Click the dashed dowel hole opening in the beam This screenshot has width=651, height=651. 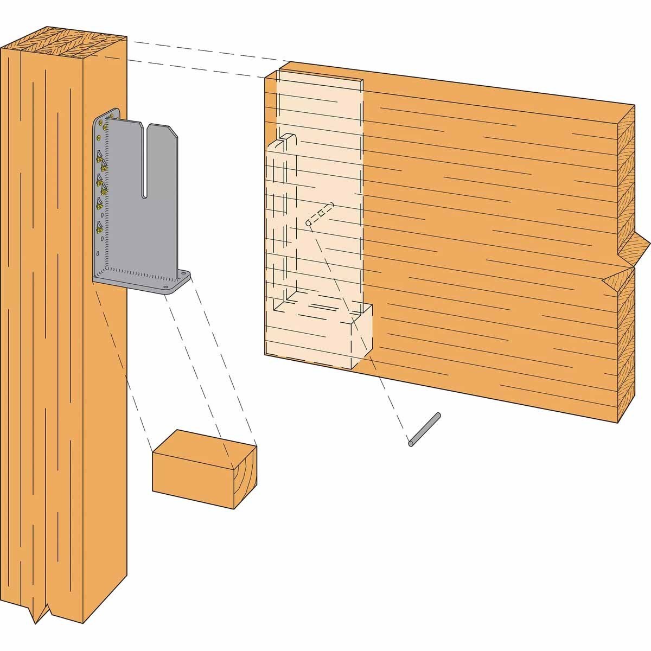pyautogui.click(x=308, y=222)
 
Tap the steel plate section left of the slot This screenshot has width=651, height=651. pyautogui.click(x=125, y=179)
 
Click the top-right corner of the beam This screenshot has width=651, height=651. pyautogui.click(x=634, y=104)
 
